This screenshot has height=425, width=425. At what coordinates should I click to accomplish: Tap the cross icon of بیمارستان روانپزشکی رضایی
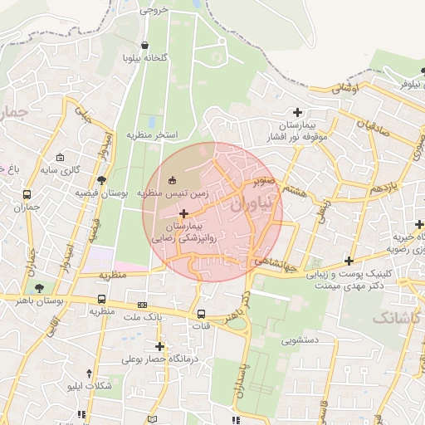point(183,214)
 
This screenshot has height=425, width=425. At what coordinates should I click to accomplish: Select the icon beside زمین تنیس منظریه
point(173,181)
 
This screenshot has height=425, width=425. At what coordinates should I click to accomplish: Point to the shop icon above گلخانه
point(146,46)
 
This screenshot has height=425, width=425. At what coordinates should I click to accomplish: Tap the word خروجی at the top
point(154,11)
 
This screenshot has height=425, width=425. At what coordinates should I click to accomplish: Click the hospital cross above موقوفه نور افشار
point(297,112)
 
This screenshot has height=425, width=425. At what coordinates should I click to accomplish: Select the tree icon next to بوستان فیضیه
point(101,180)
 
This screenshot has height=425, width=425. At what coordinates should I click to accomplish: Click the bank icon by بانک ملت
point(142,305)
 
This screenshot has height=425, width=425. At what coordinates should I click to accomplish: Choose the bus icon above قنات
point(202,314)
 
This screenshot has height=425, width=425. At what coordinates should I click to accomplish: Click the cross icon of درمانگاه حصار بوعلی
point(159,346)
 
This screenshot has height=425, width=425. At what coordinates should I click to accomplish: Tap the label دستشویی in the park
point(289,340)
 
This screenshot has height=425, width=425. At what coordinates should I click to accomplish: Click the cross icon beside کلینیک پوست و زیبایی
point(349,261)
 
